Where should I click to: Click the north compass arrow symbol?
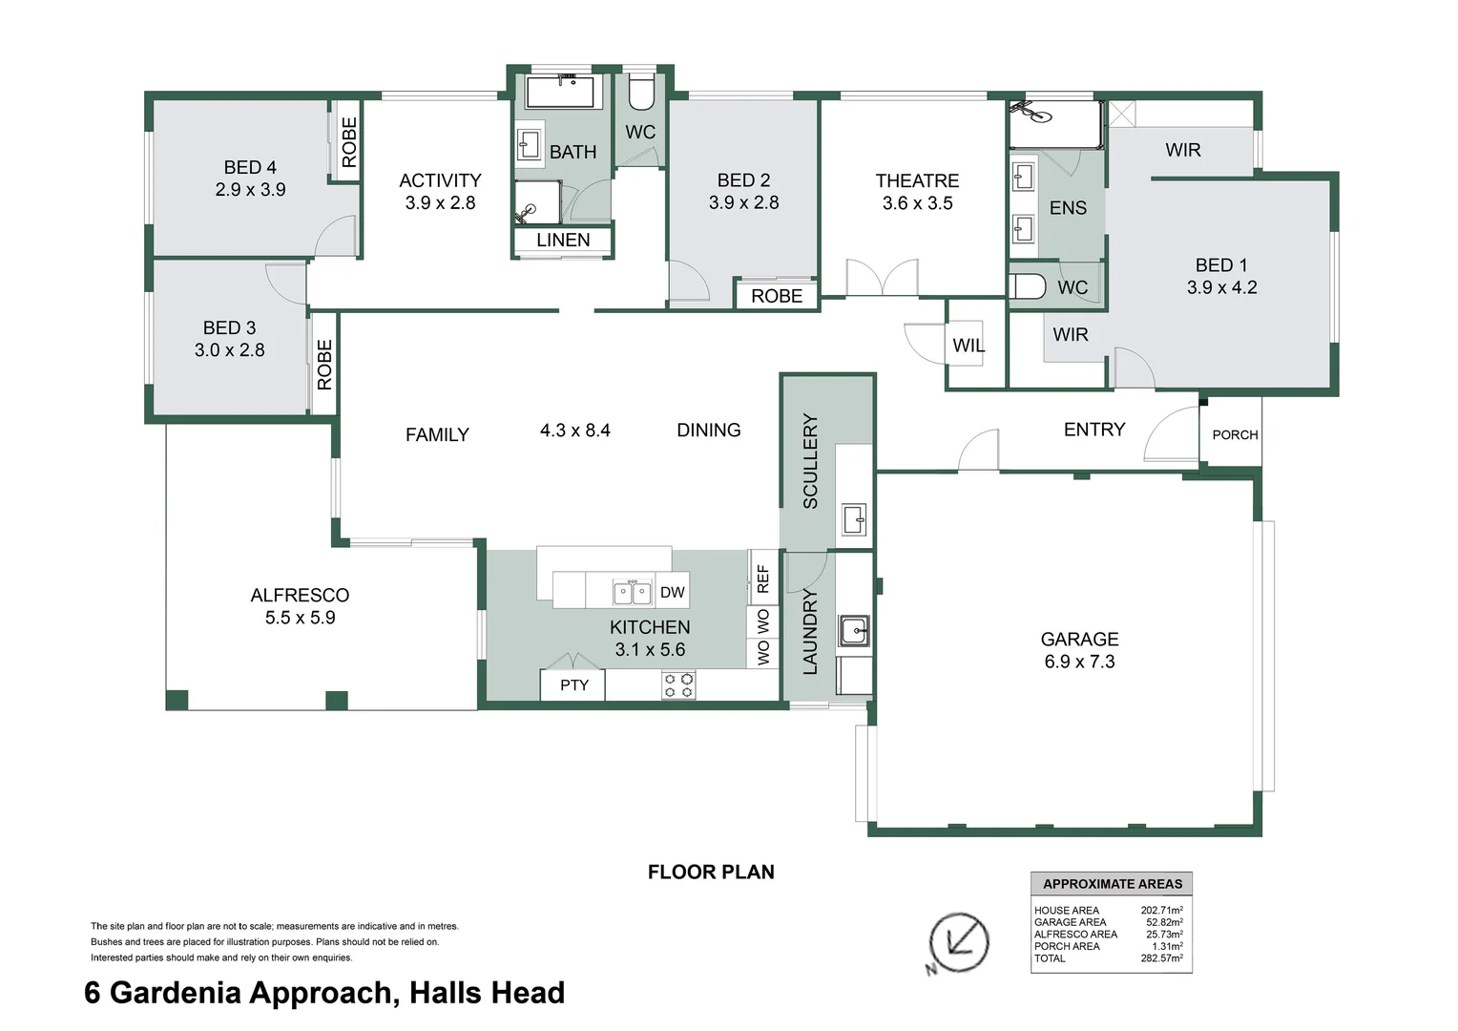click(x=958, y=943)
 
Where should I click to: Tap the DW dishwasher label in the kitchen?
click(x=672, y=592)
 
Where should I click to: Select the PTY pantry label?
click(x=573, y=685)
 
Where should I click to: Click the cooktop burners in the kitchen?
click(x=679, y=685)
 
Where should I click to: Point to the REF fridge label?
click(x=762, y=579)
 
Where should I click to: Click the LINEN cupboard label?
click(x=563, y=241)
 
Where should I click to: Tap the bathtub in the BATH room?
click(x=560, y=93)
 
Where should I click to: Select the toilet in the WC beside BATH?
click(x=640, y=94)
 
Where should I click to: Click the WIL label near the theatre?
click(x=968, y=346)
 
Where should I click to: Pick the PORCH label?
click(x=1235, y=435)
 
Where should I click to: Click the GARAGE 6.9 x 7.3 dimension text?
click(x=1079, y=662)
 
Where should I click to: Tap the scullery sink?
click(x=853, y=520)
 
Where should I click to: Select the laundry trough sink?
click(x=854, y=631)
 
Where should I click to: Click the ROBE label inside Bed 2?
click(x=777, y=296)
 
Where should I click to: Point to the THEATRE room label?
click(x=917, y=180)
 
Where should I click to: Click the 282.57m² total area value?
click(x=1161, y=958)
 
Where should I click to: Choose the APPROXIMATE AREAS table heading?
click(x=1112, y=884)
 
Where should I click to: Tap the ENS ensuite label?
click(x=1068, y=208)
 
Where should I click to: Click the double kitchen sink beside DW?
click(x=632, y=593)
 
